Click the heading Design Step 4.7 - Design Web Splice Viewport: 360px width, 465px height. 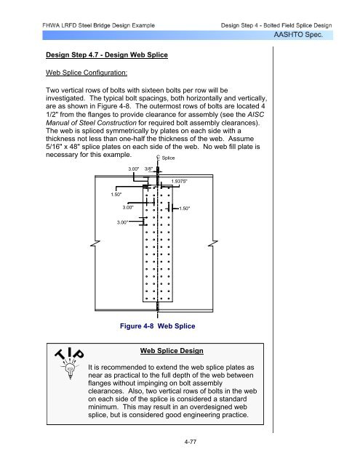click(107, 55)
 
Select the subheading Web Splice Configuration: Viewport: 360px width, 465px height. click(87, 73)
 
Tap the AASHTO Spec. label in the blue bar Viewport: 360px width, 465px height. click(298, 35)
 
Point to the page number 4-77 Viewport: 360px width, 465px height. click(191, 442)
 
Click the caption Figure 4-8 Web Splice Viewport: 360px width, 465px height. click(158, 326)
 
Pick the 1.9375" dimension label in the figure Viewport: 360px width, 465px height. click(179, 181)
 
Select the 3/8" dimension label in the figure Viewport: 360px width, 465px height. click(148, 169)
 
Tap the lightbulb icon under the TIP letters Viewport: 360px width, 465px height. click(70, 369)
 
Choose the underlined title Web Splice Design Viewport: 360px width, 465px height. click(172, 350)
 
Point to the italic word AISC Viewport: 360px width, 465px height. click(255, 115)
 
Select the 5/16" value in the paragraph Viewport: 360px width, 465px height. click(53, 147)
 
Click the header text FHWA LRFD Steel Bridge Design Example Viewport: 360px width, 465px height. click(98, 25)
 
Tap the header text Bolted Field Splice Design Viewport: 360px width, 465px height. click(297, 25)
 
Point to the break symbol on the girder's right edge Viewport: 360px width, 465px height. click(213, 244)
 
